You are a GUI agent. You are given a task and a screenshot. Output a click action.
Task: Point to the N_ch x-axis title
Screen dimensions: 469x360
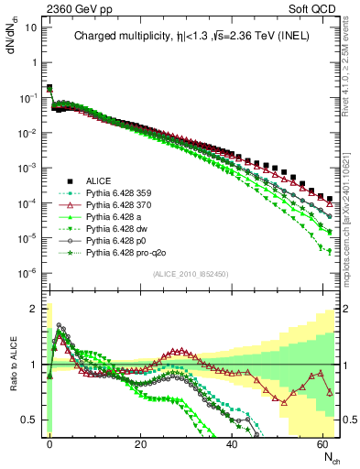(329, 456)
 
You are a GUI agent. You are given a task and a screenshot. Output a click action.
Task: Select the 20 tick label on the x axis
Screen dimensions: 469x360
(140, 443)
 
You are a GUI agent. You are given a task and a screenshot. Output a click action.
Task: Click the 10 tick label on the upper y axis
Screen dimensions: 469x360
(29, 27)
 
